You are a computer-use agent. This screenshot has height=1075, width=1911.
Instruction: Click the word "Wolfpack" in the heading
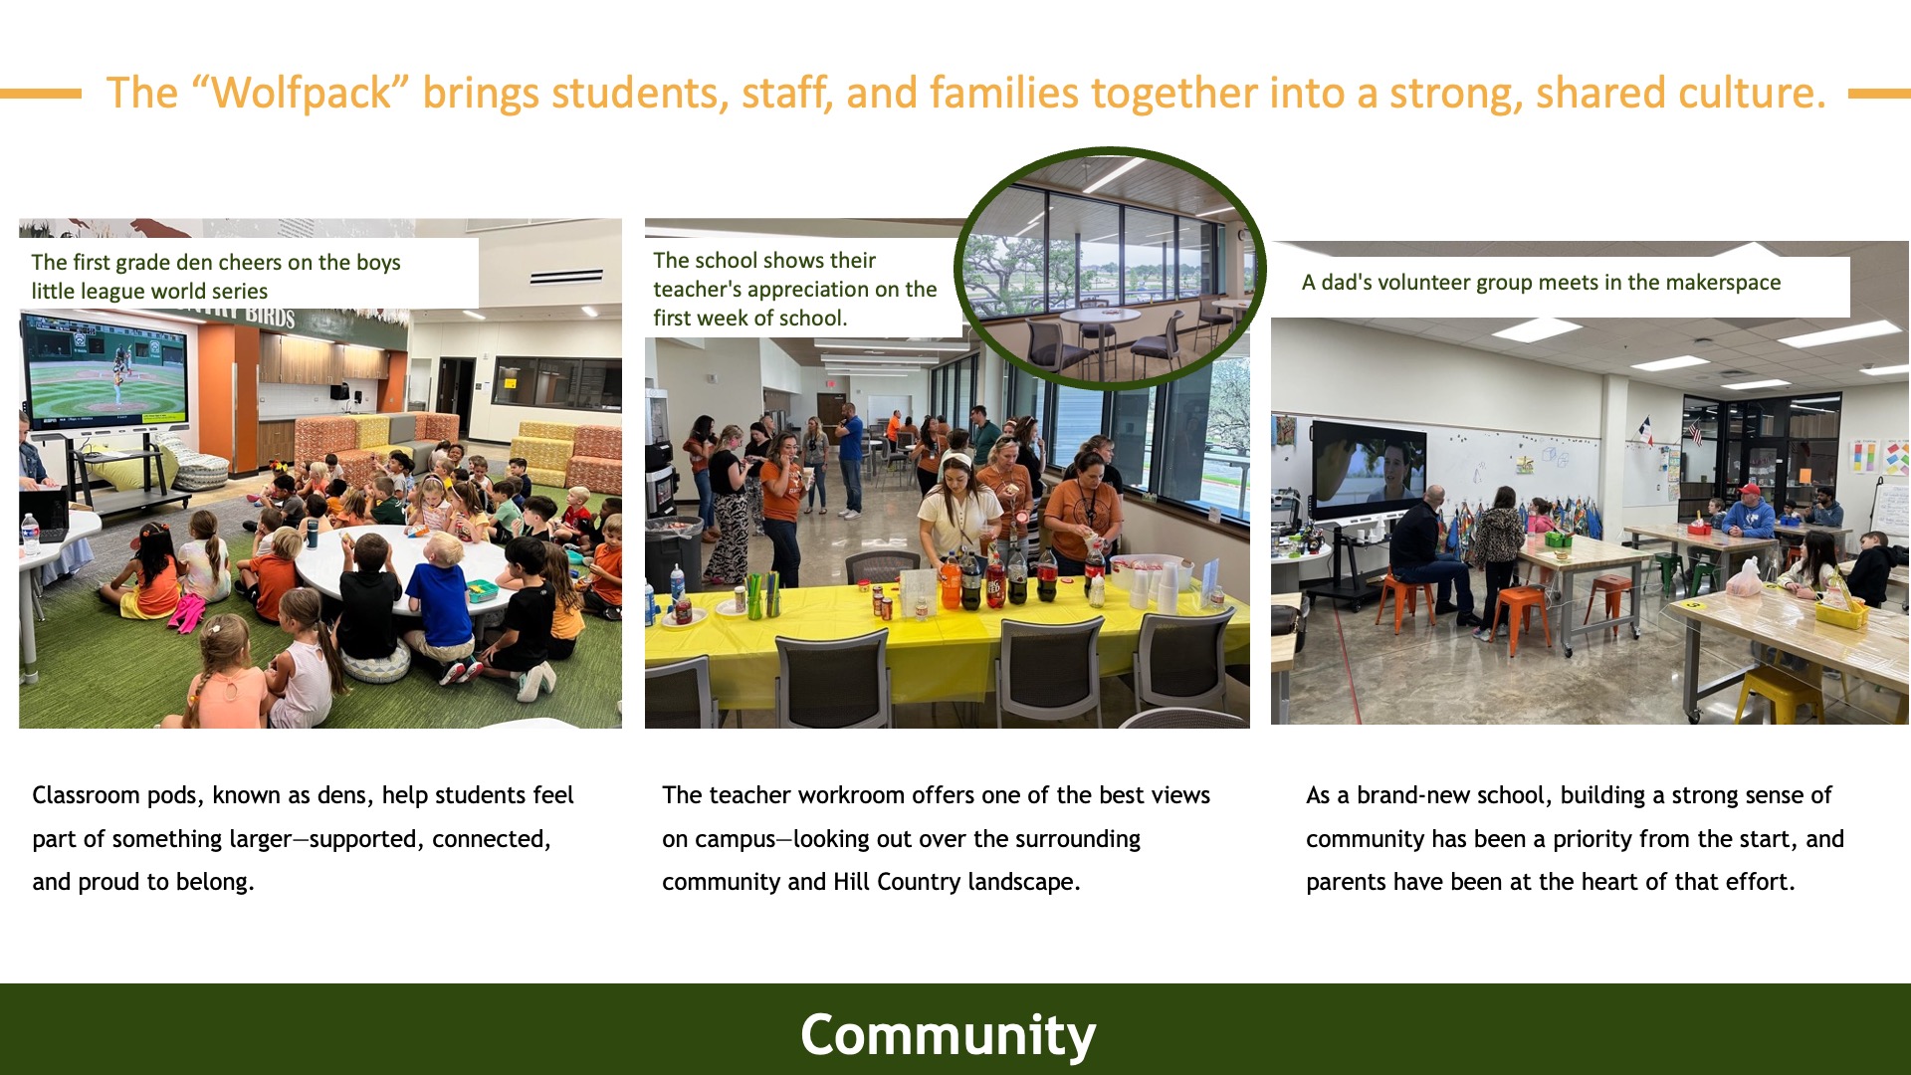(x=302, y=93)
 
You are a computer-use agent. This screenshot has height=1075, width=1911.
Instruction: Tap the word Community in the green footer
(x=948, y=1035)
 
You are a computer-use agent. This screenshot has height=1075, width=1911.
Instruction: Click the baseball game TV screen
(x=105, y=368)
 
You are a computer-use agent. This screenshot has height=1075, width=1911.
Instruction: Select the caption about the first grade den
(x=216, y=277)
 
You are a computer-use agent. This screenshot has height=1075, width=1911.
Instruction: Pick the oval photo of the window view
(x=1110, y=268)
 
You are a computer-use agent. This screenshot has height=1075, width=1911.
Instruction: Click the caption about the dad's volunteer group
(x=1541, y=283)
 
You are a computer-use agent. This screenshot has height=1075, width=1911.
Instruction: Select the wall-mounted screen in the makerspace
(x=1369, y=469)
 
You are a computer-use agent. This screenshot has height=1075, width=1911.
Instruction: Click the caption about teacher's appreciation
(x=794, y=289)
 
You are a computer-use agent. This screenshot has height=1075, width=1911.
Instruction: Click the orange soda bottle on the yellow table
(x=952, y=579)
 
